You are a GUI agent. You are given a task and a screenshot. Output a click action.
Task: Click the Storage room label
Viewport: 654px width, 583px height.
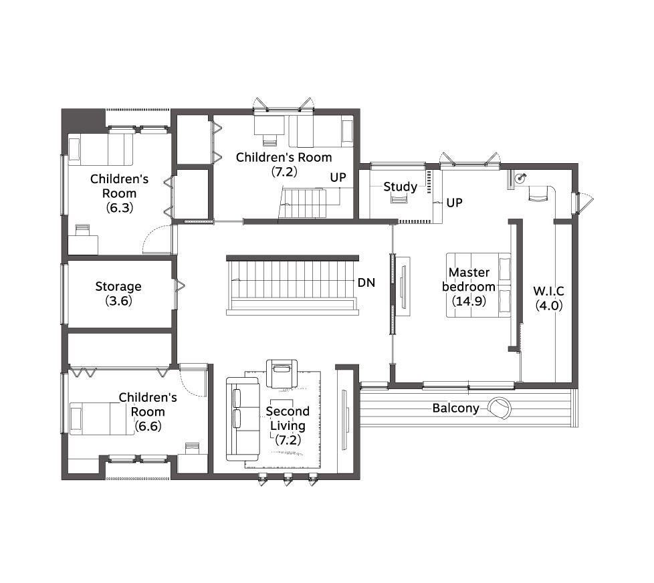click(118, 287)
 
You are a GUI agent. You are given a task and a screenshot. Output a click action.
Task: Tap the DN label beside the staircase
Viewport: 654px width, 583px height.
click(366, 283)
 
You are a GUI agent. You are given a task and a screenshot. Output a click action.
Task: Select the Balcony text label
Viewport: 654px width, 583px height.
click(456, 409)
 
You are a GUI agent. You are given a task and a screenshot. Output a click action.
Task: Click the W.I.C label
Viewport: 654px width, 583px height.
click(548, 291)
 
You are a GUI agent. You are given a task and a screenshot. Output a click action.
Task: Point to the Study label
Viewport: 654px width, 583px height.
click(400, 187)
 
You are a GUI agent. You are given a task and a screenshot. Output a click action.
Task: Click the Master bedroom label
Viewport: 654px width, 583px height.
click(469, 279)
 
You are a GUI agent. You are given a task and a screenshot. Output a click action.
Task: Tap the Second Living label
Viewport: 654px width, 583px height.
click(288, 419)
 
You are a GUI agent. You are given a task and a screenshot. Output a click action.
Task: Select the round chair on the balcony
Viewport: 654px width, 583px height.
click(500, 408)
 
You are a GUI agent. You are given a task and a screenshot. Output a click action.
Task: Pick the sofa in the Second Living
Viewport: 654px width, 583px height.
click(243, 419)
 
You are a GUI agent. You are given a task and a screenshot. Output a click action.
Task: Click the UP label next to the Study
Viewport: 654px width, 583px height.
click(454, 203)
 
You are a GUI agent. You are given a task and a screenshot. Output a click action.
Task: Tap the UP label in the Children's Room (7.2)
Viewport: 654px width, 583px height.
click(338, 178)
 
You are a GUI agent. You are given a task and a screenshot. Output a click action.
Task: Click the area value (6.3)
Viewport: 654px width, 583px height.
click(119, 208)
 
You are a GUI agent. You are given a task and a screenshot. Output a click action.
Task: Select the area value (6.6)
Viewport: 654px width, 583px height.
click(148, 426)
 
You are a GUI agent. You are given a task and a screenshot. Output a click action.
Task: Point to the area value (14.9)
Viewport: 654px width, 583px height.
click(469, 301)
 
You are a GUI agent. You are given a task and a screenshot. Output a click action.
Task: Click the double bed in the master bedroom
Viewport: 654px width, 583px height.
click(478, 285)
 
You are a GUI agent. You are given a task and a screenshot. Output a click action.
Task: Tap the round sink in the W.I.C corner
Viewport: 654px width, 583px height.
click(520, 178)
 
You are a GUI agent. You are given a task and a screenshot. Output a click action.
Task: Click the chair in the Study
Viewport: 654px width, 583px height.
click(399, 199)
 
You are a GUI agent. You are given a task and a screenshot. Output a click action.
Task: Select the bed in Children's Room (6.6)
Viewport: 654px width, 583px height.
click(102, 419)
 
